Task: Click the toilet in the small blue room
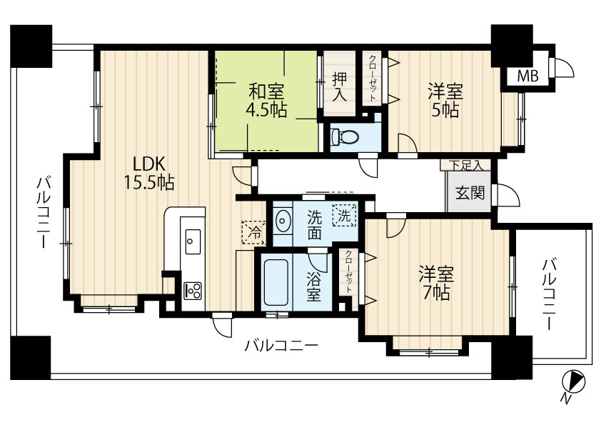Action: [344, 137]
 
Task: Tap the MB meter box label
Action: [527, 76]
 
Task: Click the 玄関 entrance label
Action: [470, 193]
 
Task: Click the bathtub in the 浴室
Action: [276, 282]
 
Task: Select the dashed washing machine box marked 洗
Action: [344, 216]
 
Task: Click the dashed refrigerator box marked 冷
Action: [253, 232]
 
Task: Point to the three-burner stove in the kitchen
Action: [193, 291]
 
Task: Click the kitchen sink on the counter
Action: [193, 241]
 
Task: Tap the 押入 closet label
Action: [340, 86]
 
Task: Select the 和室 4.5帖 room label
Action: [266, 101]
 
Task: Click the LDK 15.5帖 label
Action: [149, 174]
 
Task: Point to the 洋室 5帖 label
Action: [445, 101]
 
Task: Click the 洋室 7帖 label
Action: [436, 283]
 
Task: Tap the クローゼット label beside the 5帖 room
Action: [372, 79]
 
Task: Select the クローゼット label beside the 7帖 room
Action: [348, 272]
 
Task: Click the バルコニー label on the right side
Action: [550, 294]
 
